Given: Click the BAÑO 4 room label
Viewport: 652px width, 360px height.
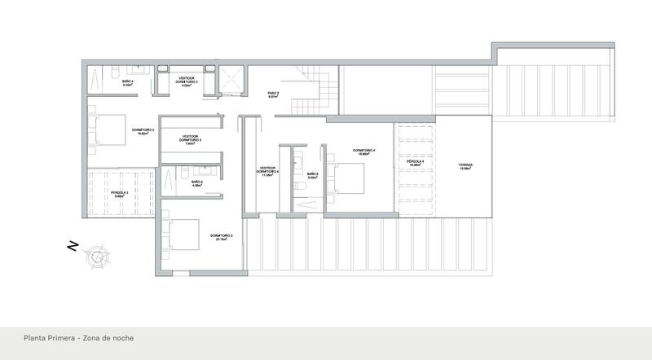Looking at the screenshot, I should (x=128, y=81).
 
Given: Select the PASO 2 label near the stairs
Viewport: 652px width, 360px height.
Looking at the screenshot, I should (x=273, y=94).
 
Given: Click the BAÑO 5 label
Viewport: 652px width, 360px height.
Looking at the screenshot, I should (x=196, y=183).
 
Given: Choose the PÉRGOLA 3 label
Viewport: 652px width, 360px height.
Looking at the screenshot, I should (x=120, y=193).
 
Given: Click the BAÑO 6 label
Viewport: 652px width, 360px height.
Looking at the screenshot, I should (x=312, y=173).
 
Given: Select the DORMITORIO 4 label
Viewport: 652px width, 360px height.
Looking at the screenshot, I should (x=363, y=151).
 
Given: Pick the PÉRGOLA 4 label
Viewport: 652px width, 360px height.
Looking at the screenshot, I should (x=416, y=162).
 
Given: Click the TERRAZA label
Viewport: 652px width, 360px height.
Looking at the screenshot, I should (x=465, y=166).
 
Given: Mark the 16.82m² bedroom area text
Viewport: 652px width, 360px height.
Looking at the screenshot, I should (x=144, y=133).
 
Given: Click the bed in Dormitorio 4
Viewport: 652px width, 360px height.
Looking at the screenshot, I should (x=348, y=174).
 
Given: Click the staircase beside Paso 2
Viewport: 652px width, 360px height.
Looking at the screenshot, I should (x=314, y=94).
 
